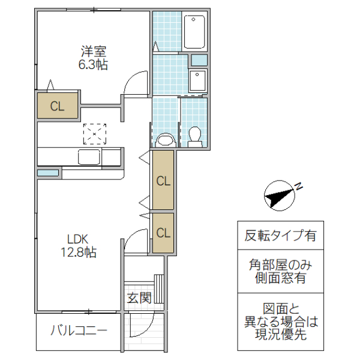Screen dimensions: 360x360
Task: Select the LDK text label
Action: [78, 238]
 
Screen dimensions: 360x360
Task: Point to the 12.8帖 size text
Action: [78, 253]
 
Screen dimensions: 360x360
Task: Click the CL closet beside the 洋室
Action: [57, 106]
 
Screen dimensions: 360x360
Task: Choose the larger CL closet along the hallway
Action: [163, 180]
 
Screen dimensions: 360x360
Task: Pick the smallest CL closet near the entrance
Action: [163, 232]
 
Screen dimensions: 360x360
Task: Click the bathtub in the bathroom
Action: [194, 32]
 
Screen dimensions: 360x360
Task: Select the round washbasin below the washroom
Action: [164, 140]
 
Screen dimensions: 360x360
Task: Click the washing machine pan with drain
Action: [197, 80]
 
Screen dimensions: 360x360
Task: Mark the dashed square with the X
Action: [94, 133]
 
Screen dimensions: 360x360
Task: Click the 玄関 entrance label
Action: [139, 297]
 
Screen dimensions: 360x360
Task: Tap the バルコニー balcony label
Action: [79, 331]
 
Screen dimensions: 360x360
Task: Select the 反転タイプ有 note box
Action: [280, 235]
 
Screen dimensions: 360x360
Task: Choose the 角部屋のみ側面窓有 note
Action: [280, 271]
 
